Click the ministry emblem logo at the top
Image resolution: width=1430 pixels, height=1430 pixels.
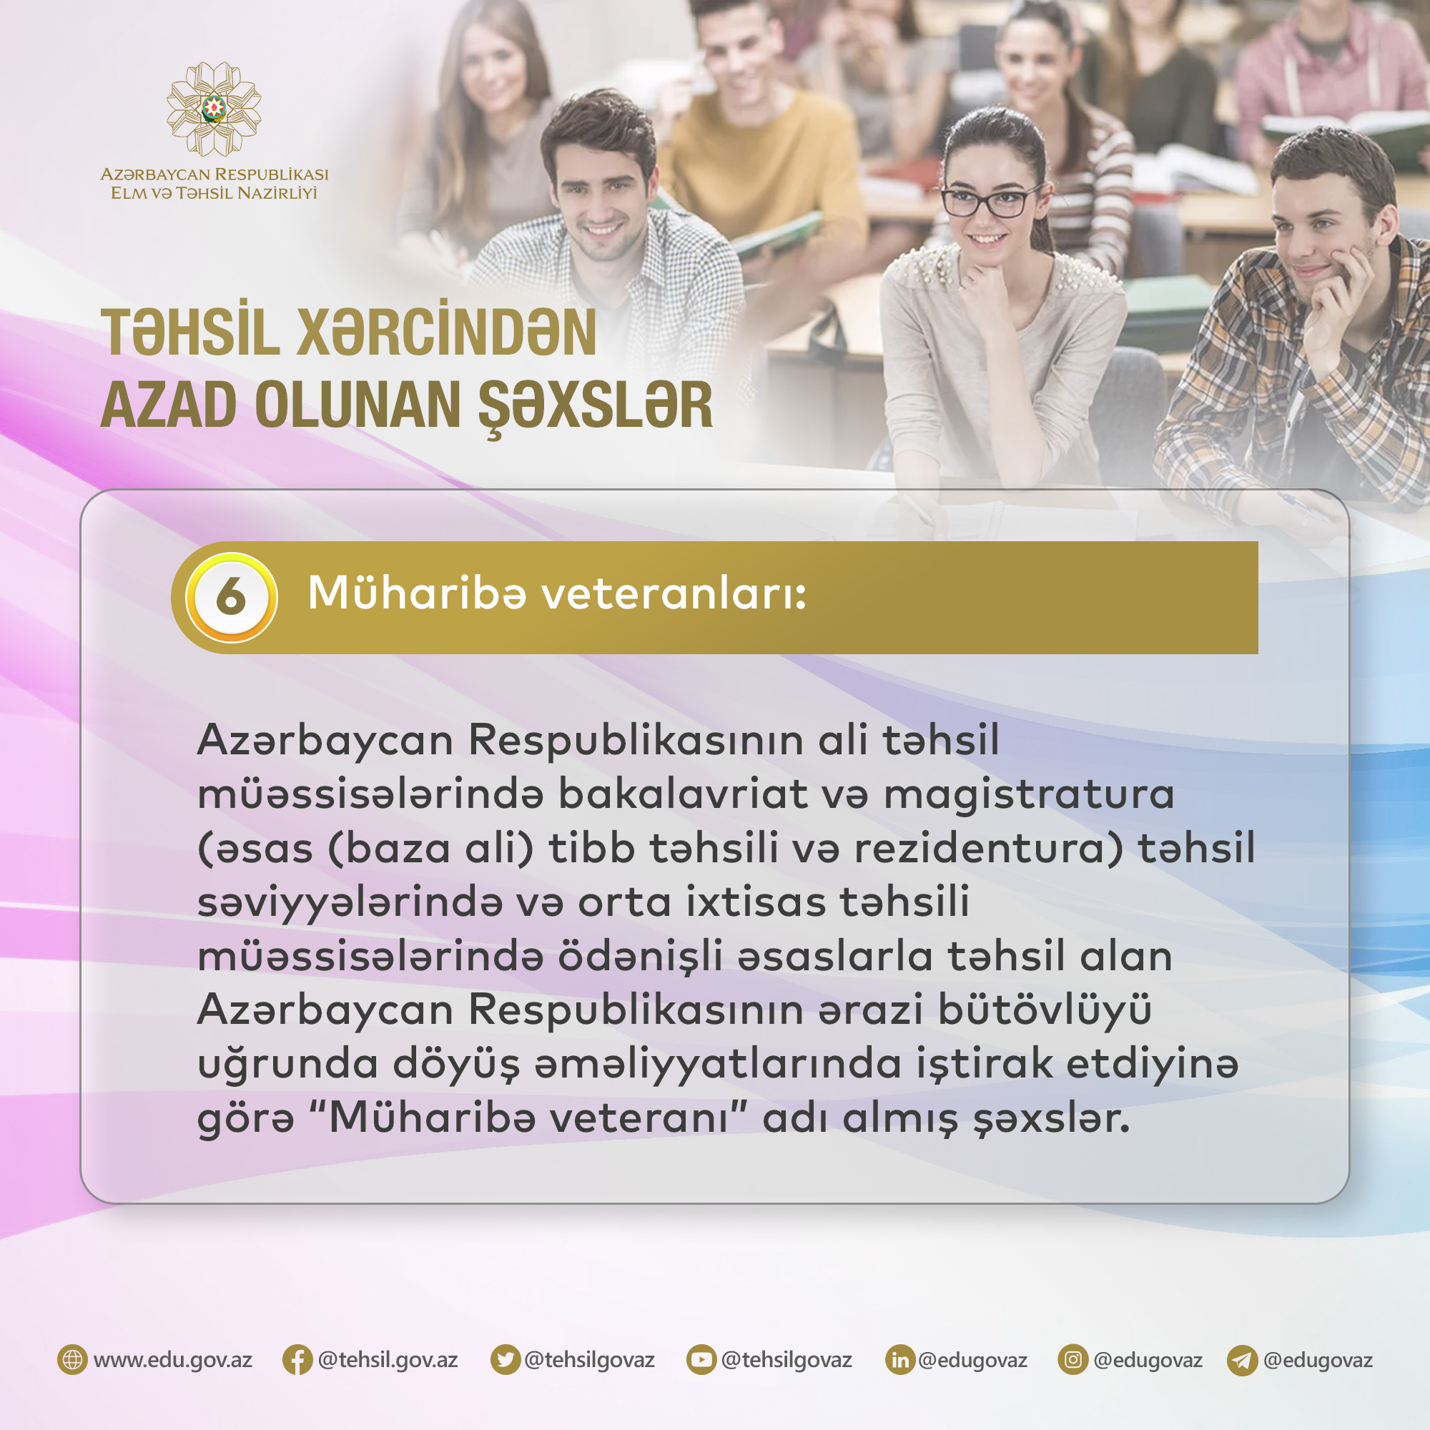pyautogui.click(x=214, y=109)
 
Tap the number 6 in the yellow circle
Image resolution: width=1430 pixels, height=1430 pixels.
pyautogui.click(x=231, y=596)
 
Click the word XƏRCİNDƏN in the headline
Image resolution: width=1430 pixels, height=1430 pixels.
pyautogui.click(x=446, y=332)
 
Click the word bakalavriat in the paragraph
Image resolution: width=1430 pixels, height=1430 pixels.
pyautogui.click(x=682, y=794)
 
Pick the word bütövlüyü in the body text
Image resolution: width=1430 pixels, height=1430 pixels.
pyautogui.click(x=1045, y=1010)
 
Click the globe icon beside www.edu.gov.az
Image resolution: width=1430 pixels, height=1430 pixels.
pyautogui.click(x=72, y=1361)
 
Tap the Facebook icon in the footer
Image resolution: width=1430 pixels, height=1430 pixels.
pyautogui.click(x=297, y=1361)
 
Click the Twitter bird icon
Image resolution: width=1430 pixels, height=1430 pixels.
pyautogui.click(x=505, y=1361)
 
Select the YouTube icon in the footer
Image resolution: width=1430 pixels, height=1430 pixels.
pyautogui.click(x=701, y=1361)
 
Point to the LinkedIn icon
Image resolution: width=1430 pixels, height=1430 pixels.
pyautogui.click(x=900, y=1361)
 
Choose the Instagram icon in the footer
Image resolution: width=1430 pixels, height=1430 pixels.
pyautogui.click(x=1073, y=1361)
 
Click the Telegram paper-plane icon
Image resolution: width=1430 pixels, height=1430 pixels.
pyautogui.click(x=1243, y=1361)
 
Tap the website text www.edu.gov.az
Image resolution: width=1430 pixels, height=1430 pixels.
pyautogui.click(x=173, y=1361)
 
